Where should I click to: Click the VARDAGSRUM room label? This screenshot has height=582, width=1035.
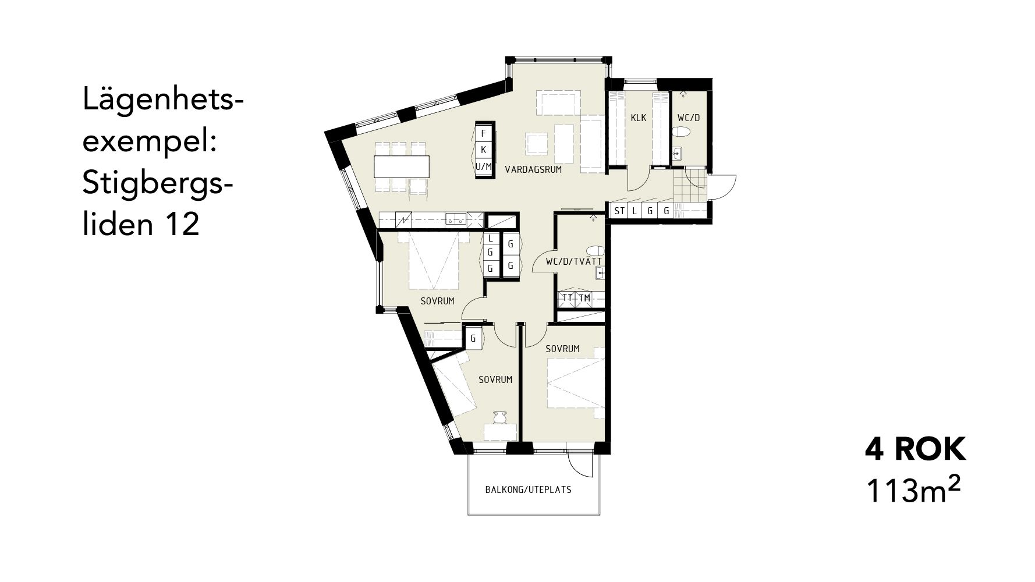pyautogui.click(x=533, y=170)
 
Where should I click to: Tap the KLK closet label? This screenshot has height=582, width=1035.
pyautogui.click(x=639, y=118)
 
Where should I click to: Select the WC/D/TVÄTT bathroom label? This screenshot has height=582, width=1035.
pyautogui.click(x=573, y=262)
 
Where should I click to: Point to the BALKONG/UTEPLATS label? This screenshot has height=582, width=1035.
pyautogui.click(x=529, y=489)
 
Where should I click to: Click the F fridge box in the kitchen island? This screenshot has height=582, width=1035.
pyautogui.click(x=483, y=133)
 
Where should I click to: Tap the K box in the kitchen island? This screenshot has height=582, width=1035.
pyautogui.click(x=483, y=150)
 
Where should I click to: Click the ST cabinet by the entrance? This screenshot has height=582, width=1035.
pyautogui.click(x=619, y=211)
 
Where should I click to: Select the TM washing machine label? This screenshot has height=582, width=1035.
pyautogui.click(x=584, y=298)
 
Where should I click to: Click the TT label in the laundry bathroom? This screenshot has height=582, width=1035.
pyautogui.click(x=567, y=298)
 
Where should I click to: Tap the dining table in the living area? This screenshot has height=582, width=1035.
pyautogui.click(x=402, y=166)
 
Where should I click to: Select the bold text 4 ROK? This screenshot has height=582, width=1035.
pyautogui.click(x=916, y=450)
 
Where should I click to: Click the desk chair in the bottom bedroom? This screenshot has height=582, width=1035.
pyautogui.click(x=500, y=417)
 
